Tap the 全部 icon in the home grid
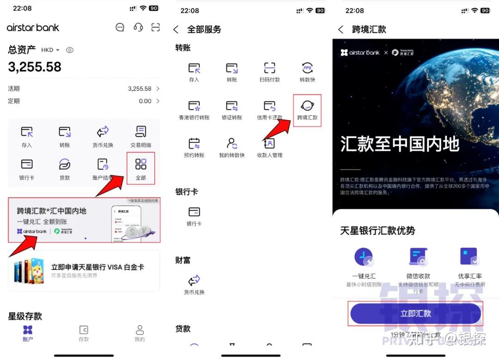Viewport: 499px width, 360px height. point(140,165)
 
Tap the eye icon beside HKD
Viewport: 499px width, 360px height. point(70,50)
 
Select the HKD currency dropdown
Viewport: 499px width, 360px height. point(50,50)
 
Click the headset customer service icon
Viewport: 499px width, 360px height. point(138,27)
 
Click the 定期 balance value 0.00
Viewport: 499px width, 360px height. point(145,101)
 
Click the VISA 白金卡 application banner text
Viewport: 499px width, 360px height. point(97,267)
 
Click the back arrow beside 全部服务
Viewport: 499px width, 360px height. point(176,30)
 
